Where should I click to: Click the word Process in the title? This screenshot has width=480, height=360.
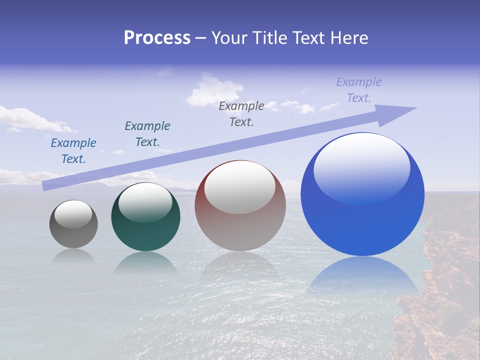point(157,38)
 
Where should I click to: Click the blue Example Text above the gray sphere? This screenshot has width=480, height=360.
point(73,151)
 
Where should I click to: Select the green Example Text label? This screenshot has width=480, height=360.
point(147,134)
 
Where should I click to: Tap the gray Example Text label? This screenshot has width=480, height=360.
point(241,114)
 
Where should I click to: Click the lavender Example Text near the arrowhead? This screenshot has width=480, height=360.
point(359,90)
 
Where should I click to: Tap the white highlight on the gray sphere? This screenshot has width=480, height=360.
point(73,213)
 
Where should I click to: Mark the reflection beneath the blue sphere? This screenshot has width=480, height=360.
point(363,275)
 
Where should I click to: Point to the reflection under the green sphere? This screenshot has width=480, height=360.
point(145,262)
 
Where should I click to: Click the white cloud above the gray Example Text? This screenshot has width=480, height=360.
point(214,90)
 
